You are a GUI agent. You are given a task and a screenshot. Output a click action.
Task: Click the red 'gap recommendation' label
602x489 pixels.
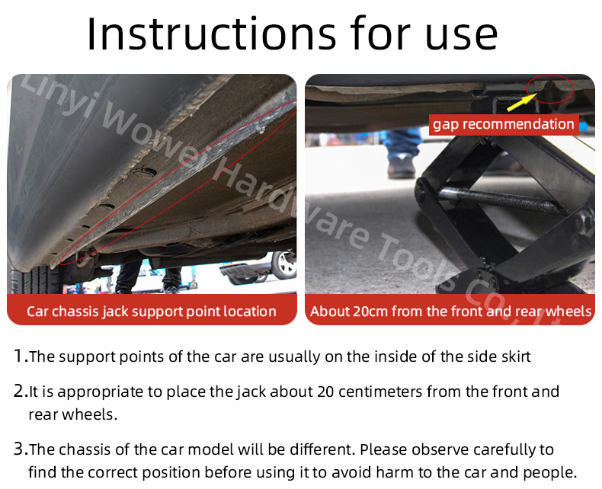tap(504, 124)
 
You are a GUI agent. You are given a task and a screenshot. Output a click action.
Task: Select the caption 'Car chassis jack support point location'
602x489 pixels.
tap(152, 312)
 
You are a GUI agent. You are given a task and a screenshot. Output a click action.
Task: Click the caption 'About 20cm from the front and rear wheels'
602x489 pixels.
tap(450, 312)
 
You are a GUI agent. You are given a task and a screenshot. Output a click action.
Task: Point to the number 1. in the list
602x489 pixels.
tap(21, 356)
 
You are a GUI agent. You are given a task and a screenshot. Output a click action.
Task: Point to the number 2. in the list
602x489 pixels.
tap(21, 391)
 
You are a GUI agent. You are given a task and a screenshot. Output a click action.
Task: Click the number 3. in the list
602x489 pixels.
tap(21, 449)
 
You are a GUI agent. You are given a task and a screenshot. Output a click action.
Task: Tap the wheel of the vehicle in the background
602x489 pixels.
tap(283, 264)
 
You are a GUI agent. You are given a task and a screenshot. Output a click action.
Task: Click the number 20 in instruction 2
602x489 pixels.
tap(325, 392)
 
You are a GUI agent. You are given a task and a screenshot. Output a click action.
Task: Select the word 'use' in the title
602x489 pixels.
tap(461, 37)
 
